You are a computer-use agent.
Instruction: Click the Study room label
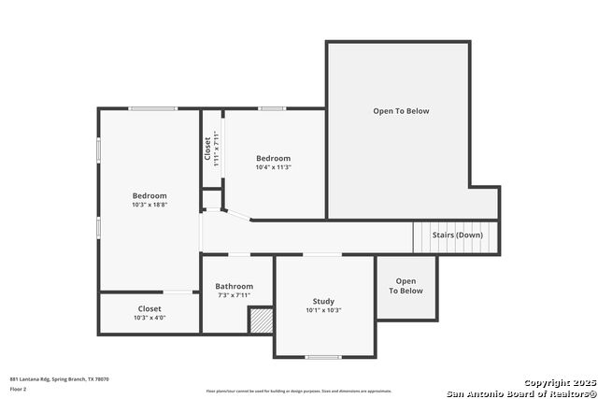(x=323, y=301)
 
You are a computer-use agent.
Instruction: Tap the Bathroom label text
(x=234, y=286)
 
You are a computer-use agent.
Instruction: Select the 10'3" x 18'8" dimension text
(x=149, y=204)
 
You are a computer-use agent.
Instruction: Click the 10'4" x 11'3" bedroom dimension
(x=274, y=167)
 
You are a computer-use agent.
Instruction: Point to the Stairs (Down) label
(x=457, y=235)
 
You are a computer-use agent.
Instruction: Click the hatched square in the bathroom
(x=260, y=320)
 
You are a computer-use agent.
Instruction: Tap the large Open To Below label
(x=401, y=111)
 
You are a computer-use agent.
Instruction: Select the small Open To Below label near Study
(x=406, y=286)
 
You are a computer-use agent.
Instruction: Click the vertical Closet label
(x=207, y=149)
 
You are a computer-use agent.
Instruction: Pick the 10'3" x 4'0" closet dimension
(x=149, y=318)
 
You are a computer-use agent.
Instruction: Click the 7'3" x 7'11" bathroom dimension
(x=234, y=295)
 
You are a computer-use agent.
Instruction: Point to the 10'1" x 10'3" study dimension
(x=323, y=310)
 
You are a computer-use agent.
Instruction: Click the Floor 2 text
(x=18, y=388)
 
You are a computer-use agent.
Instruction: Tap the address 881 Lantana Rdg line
(x=60, y=378)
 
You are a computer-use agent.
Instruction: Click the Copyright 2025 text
(x=559, y=383)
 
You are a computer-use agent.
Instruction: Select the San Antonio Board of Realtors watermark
(x=520, y=392)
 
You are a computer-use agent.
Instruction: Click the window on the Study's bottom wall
(x=323, y=357)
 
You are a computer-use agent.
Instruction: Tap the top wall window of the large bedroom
(x=152, y=108)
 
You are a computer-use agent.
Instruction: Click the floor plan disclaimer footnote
(x=299, y=392)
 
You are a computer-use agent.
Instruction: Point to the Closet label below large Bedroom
(x=149, y=308)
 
